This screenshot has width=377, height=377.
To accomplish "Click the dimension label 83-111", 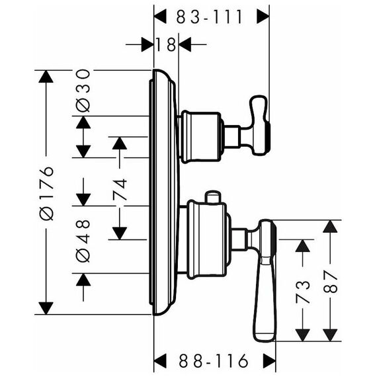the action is pos(209,17).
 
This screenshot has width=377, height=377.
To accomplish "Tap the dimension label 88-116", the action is pos(213,360).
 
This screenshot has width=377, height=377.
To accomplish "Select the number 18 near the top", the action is pos(166,44).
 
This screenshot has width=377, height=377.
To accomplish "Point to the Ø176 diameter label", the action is pos(46,193).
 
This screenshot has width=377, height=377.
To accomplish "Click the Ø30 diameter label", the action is pos(83,91).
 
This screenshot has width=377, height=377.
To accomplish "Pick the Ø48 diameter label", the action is pos(83,241).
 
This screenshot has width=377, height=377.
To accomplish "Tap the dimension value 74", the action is pos(120,189).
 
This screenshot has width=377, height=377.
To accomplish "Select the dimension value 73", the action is pos(302,292).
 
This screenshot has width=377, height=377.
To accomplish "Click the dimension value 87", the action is pos(330,281).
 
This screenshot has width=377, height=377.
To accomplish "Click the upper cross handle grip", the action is pos(259,124).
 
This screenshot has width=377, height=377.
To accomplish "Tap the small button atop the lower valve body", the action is pos(212,197).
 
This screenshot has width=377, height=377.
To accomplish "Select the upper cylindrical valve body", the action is pos(201,137).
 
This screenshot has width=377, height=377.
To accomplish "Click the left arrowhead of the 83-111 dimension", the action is pos(160,17).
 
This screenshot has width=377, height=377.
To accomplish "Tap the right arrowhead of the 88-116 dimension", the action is pos(269,360).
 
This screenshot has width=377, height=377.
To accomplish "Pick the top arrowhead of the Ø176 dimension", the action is pos(46,77).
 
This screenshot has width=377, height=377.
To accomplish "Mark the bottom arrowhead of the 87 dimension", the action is pos(330,335).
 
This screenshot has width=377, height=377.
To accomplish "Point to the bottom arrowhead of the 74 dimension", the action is pos(120,233).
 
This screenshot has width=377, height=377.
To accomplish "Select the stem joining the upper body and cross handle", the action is pos(233,136).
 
